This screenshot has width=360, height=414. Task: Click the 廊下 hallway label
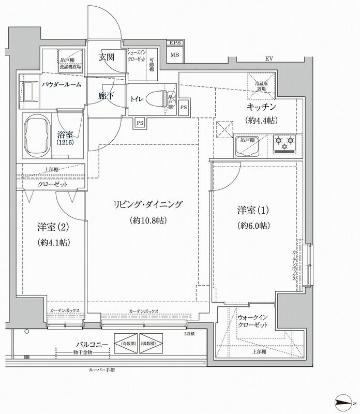pos(106,96)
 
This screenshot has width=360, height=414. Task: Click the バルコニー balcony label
pos(92,344)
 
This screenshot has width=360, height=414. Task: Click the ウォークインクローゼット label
pos(253,321)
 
